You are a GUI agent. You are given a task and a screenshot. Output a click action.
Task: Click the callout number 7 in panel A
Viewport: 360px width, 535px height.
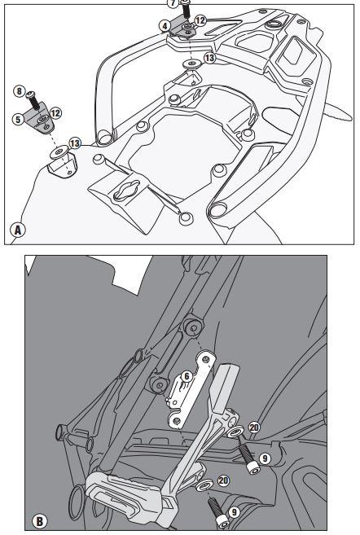tap(173, 3)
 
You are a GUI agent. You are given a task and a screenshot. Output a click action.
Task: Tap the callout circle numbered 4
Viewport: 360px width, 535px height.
tap(165, 26)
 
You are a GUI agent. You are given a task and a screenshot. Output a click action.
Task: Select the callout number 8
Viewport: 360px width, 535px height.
tap(19, 91)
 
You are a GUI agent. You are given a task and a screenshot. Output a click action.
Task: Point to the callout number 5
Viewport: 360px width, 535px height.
tap(18, 119)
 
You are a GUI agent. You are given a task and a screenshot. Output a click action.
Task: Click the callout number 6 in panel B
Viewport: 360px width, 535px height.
tap(187, 376)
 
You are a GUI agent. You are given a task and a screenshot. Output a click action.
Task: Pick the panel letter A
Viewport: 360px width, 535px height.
tap(18, 230)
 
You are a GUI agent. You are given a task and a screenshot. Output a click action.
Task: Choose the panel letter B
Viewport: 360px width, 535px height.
tap(39, 521)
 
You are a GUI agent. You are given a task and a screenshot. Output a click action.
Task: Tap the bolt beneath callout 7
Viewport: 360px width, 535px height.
tap(185, 10)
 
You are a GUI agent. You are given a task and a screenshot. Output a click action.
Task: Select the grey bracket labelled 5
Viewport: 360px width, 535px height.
tap(40, 118)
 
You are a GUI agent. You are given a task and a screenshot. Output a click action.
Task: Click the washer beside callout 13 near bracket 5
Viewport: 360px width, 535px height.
tap(59, 152)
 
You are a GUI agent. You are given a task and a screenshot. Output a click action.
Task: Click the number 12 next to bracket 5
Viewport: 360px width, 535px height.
tap(55, 113)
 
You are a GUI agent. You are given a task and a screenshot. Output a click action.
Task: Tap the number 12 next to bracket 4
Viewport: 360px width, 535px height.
tap(200, 20)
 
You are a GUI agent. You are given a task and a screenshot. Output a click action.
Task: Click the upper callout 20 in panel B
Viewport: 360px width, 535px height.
tap(254, 428)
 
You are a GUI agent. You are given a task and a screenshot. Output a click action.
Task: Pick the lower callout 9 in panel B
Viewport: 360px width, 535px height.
tap(234, 512)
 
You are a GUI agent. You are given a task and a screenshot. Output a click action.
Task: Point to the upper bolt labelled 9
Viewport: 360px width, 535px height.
tap(248, 460)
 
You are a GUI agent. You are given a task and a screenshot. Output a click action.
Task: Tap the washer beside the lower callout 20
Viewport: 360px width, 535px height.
tap(205, 485)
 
